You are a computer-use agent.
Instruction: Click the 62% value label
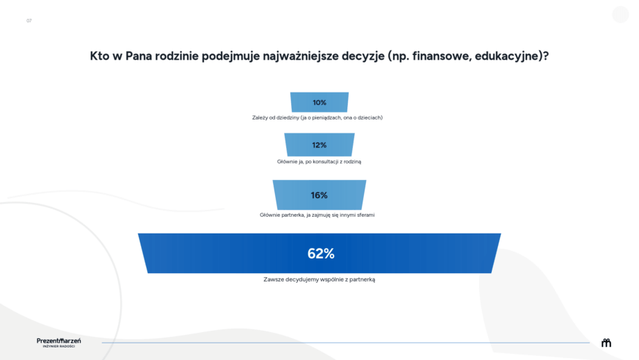(x=321, y=254)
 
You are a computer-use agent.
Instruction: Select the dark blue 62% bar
(x=319, y=253)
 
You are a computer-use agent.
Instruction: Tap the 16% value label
(x=319, y=195)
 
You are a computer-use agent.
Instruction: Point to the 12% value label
(x=319, y=145)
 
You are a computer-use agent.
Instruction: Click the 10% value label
(x=319, y=103)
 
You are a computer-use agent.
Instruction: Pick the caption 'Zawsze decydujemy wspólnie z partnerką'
(x=319, y=279)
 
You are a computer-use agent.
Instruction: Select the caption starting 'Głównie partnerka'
(x=317, y=215)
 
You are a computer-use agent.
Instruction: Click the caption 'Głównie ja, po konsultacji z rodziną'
(x=319, y=161)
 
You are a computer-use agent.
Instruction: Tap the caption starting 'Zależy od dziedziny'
(x=317, y=117)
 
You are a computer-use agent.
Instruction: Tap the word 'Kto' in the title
(x=99, y=56)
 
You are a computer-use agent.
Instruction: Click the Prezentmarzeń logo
(x=58, y=341)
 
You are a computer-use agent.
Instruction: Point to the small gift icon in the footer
(x=606, y=343)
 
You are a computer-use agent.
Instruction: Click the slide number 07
(x=29, y=21)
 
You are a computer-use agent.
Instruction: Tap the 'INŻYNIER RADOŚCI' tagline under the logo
(x=58, y=347)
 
